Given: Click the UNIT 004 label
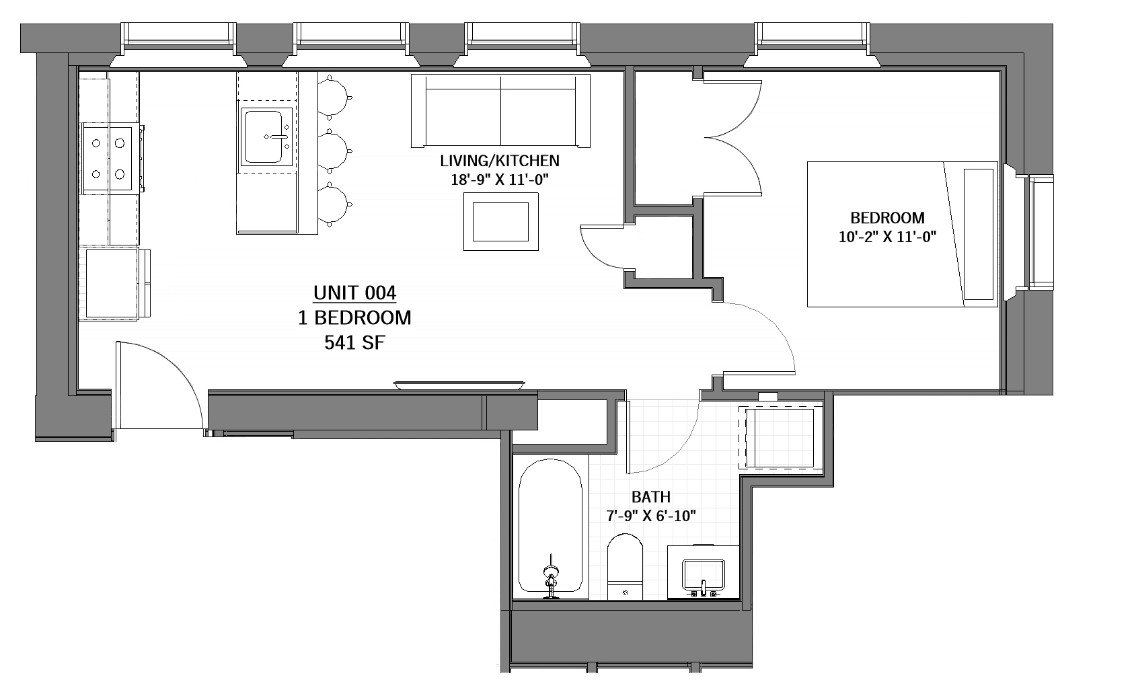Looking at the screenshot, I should click(x=354, y=294).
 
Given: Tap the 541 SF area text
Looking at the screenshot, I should click(x=354, y=343).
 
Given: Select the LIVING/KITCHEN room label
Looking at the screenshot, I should click(x=499, y=161).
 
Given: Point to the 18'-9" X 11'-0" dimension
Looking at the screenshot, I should click(x=499, y=180).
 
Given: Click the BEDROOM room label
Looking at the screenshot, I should click(x=887, y=218).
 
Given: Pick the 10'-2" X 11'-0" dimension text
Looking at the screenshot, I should click(x=887, y=237).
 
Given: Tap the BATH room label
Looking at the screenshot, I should click(x=650, y=497).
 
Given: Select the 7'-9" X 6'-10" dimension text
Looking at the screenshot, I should click(x=650, y=516).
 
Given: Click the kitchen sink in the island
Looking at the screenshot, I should click(x=264, y=138).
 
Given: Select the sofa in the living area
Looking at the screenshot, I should click(x=500, y=111).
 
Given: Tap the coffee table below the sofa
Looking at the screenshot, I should click(x=501, y=221).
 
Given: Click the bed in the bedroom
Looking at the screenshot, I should click(x=901, y=234).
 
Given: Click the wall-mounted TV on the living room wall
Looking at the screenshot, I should click(x=459, y=385).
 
